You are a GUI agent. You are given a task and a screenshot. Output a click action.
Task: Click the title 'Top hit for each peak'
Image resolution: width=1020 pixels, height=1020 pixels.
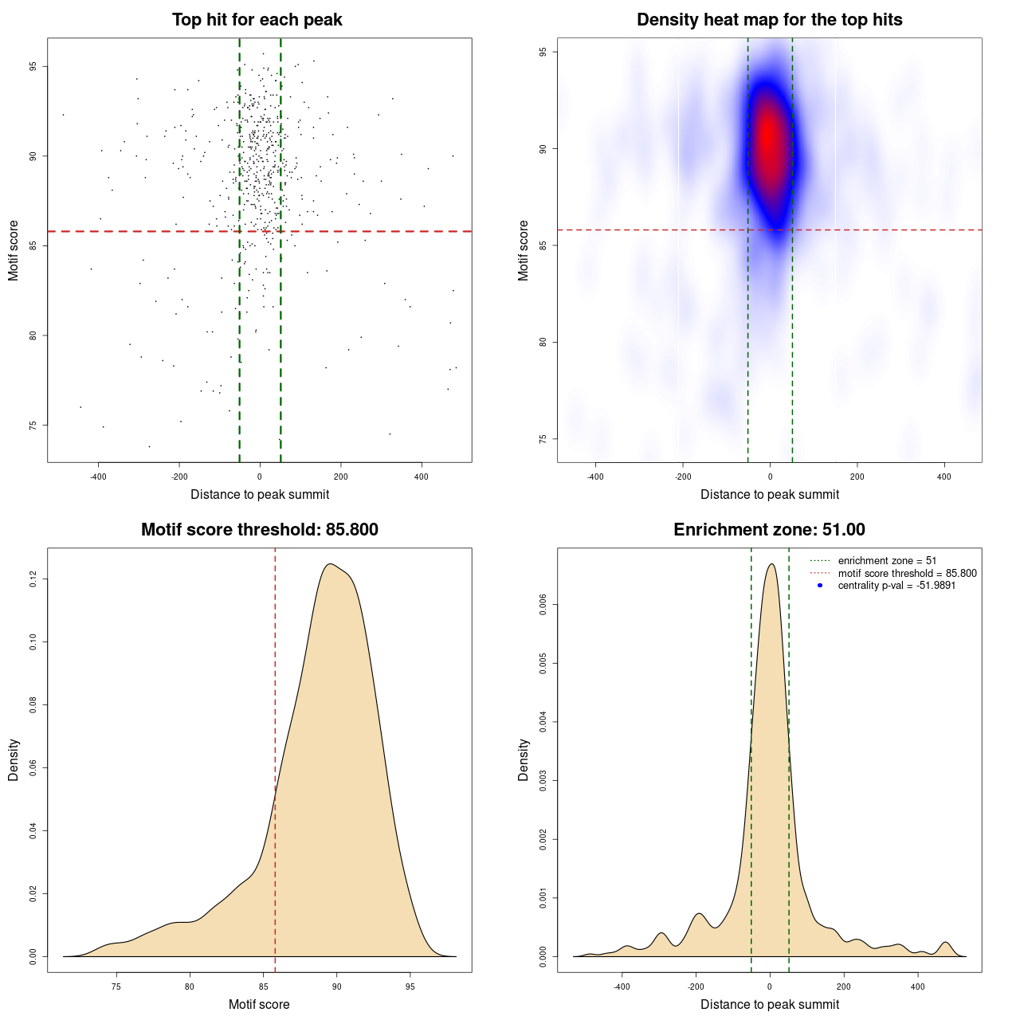257,20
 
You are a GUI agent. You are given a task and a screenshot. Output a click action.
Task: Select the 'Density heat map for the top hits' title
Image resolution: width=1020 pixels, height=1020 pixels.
769,20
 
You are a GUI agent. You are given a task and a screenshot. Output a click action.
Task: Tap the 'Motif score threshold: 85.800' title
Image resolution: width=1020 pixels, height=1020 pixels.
259,530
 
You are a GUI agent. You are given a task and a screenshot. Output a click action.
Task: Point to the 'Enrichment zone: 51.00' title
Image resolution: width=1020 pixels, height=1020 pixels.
769,530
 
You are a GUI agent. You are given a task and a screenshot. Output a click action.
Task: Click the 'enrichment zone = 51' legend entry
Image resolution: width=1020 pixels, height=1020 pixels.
887,561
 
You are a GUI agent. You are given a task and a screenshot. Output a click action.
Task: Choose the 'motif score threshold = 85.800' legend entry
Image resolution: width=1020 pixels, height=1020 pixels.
907,573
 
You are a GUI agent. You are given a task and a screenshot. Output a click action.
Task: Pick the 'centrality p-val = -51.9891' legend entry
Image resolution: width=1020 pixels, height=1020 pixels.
896,586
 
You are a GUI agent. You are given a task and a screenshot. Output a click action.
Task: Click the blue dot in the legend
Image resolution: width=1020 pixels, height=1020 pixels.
820,586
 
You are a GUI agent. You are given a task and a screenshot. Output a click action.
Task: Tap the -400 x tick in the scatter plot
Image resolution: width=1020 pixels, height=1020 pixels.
98,477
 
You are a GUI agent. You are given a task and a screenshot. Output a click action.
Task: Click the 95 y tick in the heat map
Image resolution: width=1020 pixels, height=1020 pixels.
542,52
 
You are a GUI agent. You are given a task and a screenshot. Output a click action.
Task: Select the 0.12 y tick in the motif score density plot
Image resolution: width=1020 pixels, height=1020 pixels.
33,579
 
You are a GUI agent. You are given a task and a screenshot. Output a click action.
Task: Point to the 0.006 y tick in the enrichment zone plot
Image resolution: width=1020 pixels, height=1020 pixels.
543,605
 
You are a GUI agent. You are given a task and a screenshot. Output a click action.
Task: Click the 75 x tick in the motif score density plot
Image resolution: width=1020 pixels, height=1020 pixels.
116,987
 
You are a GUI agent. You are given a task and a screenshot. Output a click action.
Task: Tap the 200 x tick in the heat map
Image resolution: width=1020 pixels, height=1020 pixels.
857,477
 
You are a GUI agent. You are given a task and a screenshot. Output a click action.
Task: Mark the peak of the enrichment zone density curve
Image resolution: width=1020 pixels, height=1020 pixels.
771,564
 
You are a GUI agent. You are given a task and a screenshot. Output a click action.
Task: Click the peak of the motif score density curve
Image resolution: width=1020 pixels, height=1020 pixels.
330,564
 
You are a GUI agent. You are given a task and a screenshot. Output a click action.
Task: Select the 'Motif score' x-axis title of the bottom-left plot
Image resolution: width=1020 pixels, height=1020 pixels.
259,1004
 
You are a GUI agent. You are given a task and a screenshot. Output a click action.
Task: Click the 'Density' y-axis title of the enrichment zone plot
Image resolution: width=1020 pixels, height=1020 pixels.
524,759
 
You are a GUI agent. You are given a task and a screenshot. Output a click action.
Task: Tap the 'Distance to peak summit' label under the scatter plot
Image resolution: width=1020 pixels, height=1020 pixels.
260,494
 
